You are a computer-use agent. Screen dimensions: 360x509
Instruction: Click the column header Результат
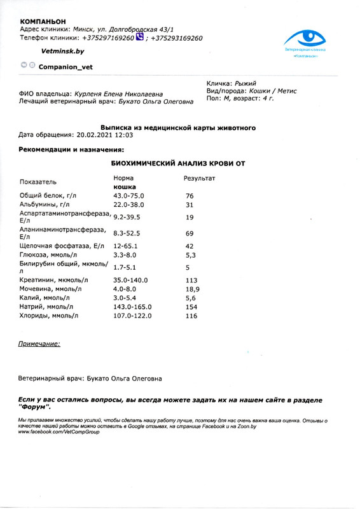coord(200,179)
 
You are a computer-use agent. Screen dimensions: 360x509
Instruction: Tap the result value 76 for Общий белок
coord(189,196)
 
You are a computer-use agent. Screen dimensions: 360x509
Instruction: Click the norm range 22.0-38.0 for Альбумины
coord(129,205)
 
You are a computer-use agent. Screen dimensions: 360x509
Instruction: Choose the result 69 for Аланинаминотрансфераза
coord(189,234)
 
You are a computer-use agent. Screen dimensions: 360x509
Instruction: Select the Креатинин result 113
coord(191,280)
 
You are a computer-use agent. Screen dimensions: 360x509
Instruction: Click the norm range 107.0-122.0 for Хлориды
coord(132,316)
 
